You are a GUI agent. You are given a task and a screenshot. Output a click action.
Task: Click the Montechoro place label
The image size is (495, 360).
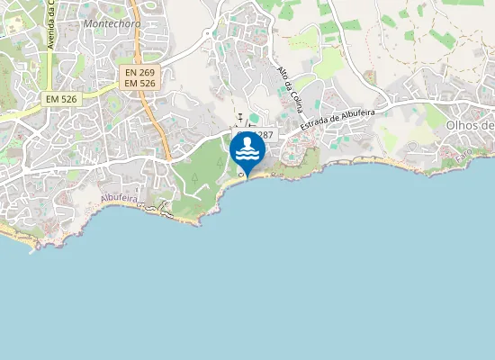[110, 23]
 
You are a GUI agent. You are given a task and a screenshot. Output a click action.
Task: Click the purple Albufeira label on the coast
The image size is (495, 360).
[117, 198]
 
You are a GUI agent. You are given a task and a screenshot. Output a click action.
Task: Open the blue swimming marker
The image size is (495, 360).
[247, 148]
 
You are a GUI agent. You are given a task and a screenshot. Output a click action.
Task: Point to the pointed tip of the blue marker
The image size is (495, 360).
[247, 175]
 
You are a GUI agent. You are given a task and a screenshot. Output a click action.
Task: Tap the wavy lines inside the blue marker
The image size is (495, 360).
[247, 155]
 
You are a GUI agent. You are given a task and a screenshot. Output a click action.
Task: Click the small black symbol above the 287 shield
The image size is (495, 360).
[240, 117]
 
